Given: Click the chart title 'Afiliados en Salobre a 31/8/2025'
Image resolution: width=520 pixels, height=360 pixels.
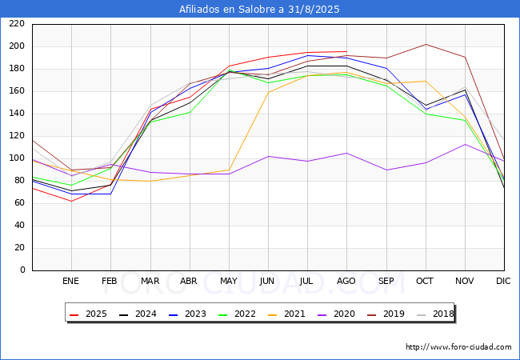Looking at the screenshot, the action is pyautogui.click(x=259, y=10).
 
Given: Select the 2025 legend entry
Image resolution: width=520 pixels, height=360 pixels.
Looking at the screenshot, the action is pyautogui.click(x=89, y=314).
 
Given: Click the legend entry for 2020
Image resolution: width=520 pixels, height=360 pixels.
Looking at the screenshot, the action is pyautogui.click(x=336, y=314).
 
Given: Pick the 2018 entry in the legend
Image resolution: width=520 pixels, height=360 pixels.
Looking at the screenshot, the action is pyautogui.click(x=435, y=314).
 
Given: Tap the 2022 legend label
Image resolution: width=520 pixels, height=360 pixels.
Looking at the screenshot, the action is pyautogui.click(x=237, y=314).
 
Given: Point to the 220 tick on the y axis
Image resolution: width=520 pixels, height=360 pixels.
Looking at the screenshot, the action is pyautogui.click(x=17, y=24).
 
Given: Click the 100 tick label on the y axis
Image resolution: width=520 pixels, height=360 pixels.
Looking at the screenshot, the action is pyautogui.click(x=17, y=158).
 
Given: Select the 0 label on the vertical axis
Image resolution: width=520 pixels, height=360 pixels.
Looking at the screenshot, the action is pyautogui.click(x=22, y=270).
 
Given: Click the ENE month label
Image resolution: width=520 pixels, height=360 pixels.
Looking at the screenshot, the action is pyautogui.click(x=70, y=281).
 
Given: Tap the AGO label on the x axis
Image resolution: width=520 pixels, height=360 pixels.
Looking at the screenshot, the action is pyautogui.click(x=346, y=281).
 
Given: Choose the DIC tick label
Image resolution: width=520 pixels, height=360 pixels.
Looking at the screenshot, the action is pyautogui.click(x=503, y=281).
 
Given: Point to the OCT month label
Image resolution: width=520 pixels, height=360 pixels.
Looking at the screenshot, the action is pyautogui.click(x=425, y=281).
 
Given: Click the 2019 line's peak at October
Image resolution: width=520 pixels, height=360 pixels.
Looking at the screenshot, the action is pyautogui.click(x=426, y=45).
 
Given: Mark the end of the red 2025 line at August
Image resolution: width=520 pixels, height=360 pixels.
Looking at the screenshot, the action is pyautogui.click(x=347, y=51).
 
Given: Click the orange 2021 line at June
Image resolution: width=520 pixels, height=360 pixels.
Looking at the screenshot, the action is pyautogui.click(x=268, y=92).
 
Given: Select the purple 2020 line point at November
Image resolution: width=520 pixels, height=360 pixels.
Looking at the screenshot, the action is pyautogui.click(x=466, y=144).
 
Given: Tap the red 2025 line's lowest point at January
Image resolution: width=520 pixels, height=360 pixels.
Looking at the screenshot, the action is pyautogui.click(x=72, y=202).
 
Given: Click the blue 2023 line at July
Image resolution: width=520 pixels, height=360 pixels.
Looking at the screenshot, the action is pyautogui.click(x=308, y=55).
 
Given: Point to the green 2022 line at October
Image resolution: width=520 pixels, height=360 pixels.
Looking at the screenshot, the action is pyautogui.click(x=426, y=114).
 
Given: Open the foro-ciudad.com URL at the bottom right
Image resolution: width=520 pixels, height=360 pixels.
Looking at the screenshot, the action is pyautogui.click(x=458, y=347).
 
